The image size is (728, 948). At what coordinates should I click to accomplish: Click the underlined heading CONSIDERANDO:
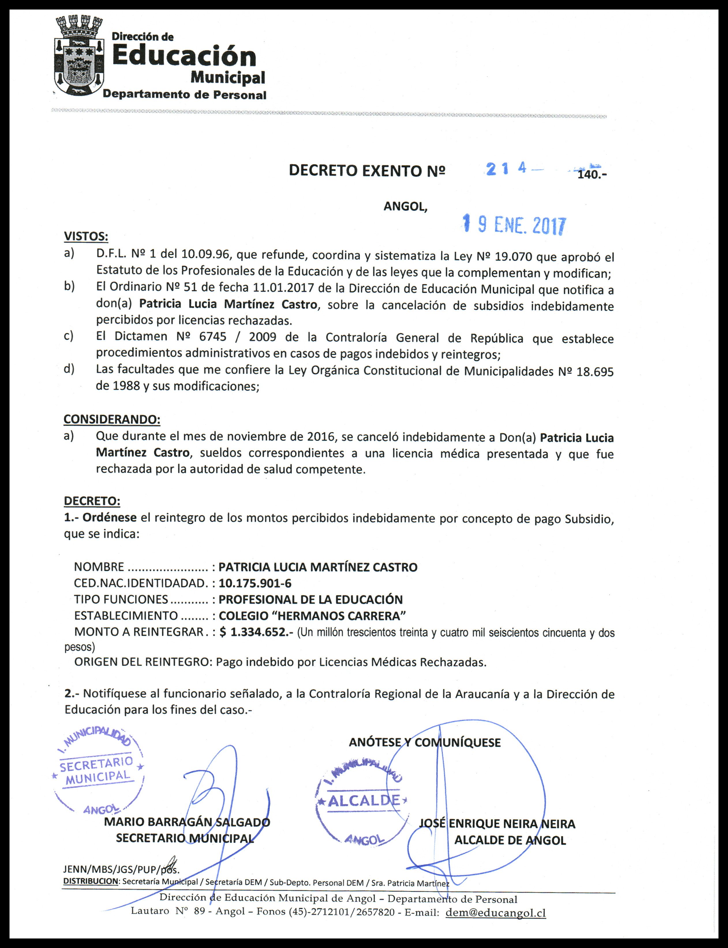[112, 419]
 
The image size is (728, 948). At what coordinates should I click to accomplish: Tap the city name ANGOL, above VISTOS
[405, 206]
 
